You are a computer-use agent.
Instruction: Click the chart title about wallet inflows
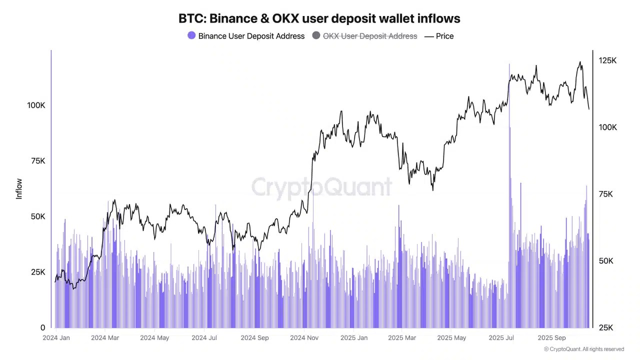tap(319, 18)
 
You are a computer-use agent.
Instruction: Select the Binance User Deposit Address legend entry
tap(251, 36)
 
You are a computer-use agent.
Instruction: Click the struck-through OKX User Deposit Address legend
tap(369, 36)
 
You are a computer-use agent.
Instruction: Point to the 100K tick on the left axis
tap(36, 105)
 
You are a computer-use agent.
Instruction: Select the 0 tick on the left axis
tap(43, 328)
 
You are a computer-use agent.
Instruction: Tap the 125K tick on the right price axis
tap(608, 60)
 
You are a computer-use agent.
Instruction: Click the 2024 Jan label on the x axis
tap(56, 338)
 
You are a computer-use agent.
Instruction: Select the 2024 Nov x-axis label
tap(304, 338)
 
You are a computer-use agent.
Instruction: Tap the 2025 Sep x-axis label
tap(552, 338)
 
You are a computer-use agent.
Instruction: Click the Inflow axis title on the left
tap(19, 189)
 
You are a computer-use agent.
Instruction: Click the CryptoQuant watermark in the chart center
tap(321, 187)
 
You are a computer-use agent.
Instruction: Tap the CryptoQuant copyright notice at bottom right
tap(584, 349)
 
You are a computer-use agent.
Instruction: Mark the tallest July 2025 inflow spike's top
tap(509, 64)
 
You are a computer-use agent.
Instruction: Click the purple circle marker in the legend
tap(191, 35)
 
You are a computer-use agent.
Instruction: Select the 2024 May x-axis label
tap(154, 338)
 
